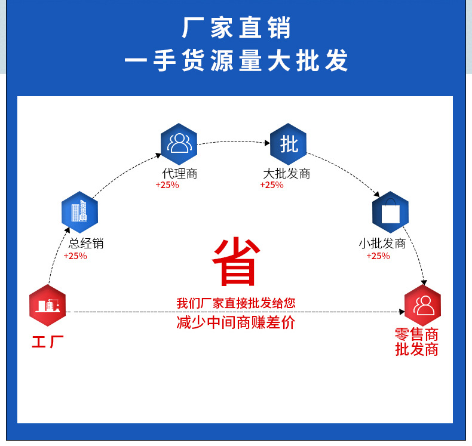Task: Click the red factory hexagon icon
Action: pos(47,306)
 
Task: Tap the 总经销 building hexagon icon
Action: pos(79,212)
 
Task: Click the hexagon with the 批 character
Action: pos(289,144)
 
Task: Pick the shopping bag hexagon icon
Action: pos(390,212)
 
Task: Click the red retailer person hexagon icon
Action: pos(423,306)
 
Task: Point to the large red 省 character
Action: pos(236,263)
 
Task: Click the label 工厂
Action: pos(48,343)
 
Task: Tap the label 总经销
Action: pos(87,244)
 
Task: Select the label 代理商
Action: pos(179,174)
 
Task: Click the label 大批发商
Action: pos(287,174)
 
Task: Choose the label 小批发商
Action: pos(382,244)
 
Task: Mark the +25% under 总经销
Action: pos(75,256)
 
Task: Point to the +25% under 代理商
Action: pos(167,185)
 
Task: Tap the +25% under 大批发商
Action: pos(272,185)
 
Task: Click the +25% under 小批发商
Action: pos(378,256)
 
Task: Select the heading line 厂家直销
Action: pos(236,29)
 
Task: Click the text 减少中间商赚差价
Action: pos(236,323)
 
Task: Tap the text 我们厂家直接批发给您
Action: pos(236,303)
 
